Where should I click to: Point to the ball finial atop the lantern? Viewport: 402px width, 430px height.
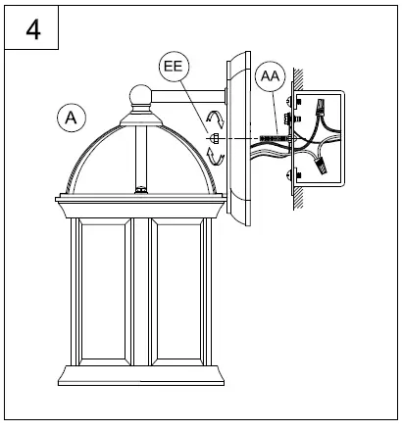click(x=140, y=97)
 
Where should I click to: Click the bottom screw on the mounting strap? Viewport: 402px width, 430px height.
click(x=289, y=176)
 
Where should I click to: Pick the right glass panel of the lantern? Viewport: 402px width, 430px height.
click(x=178, y=294)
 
